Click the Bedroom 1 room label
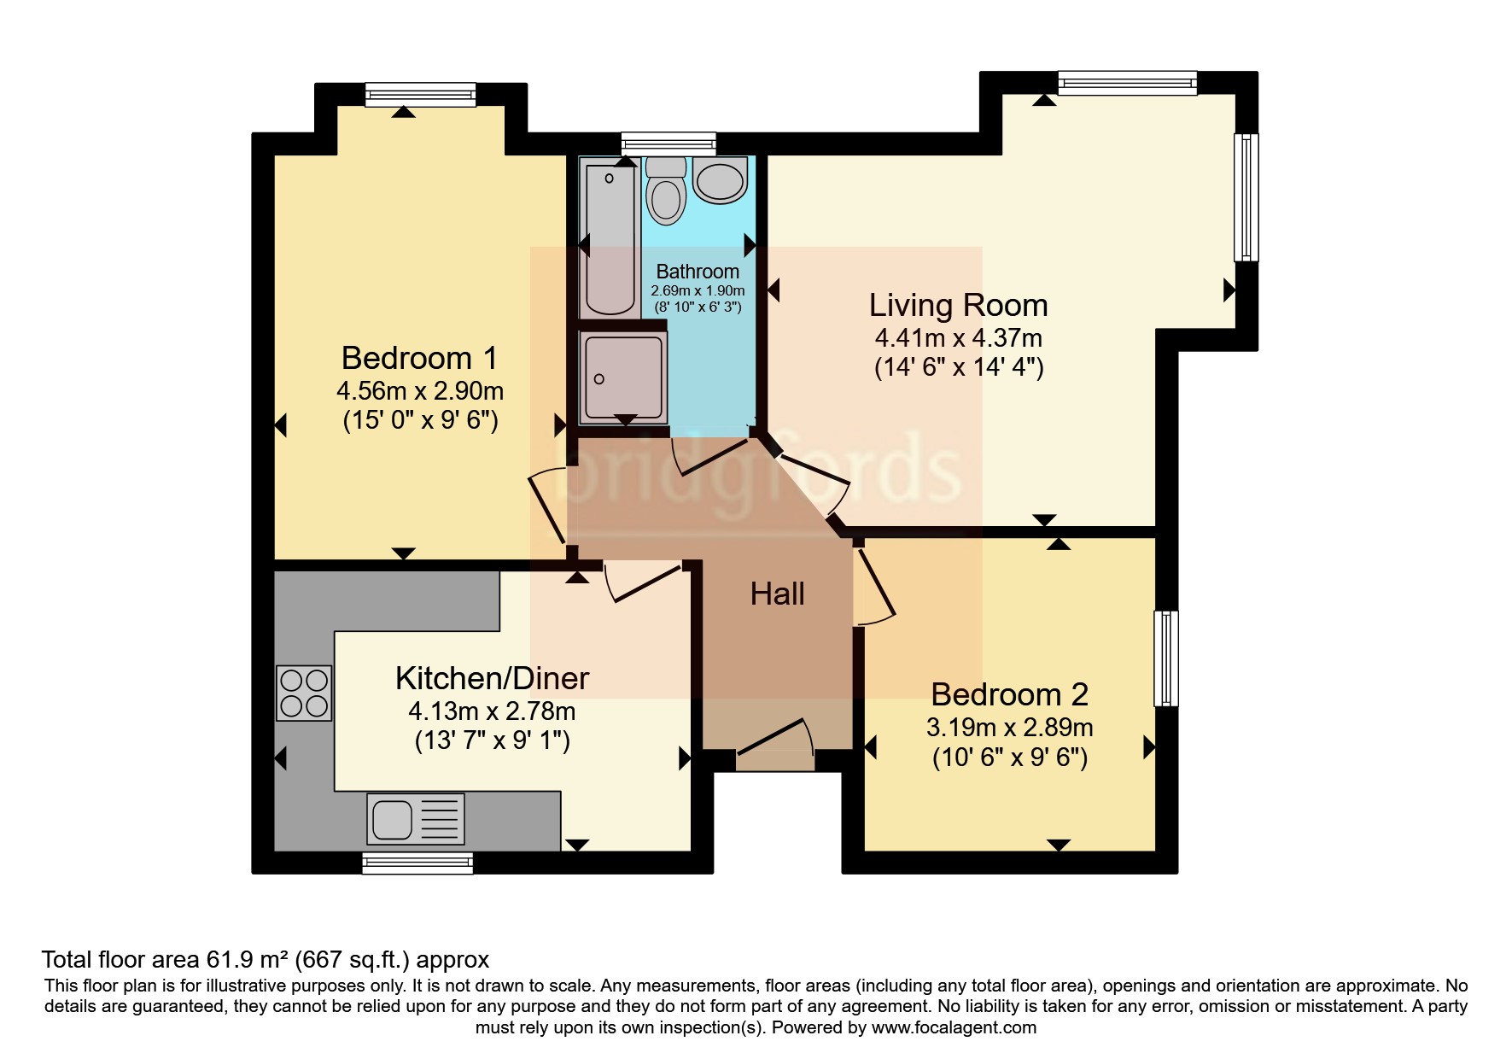click(419, 358)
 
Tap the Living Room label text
click(958, 305)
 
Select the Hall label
click(777, 594)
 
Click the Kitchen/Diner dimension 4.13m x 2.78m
click(492, 711)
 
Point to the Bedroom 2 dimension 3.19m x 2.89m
click(1009, 728)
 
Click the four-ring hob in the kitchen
click(304, 693)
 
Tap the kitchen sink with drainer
click(416, 817)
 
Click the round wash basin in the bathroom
click(721, 180)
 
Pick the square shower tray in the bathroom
click(623, 377)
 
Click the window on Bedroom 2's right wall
click(1165, 658)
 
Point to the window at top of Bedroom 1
click(420, 94)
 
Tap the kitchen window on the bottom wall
click(417, 863)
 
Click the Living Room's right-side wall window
click(1246, 196)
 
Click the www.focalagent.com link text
click(954, 1027)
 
